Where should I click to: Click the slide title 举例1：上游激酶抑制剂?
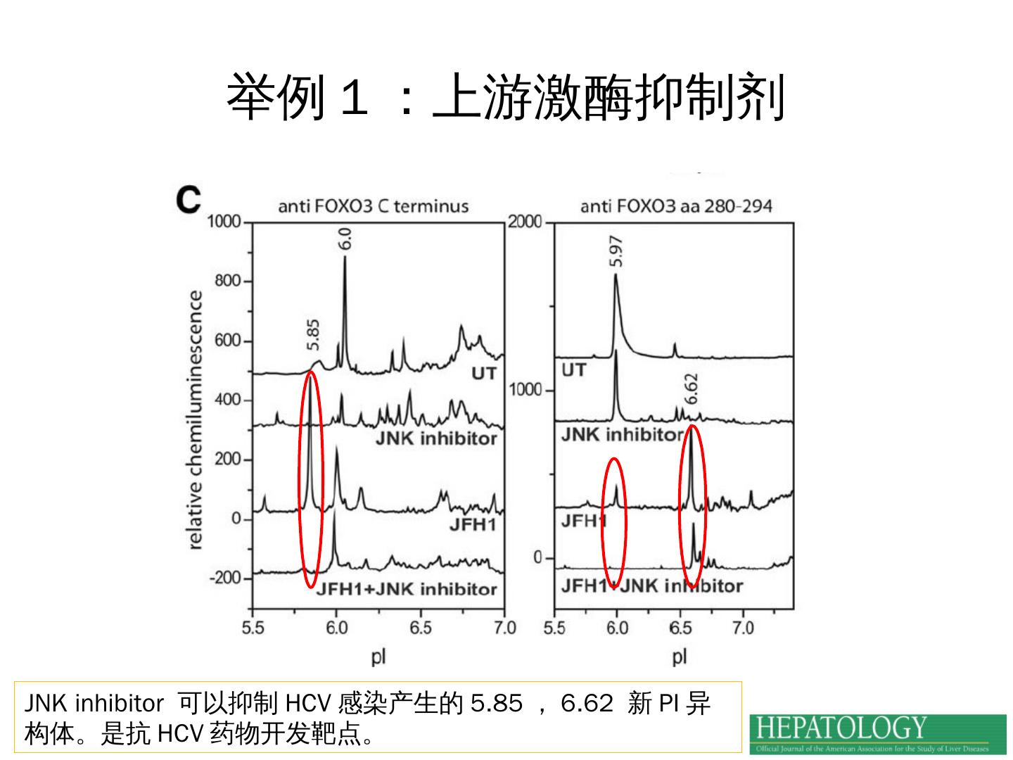(505, 97)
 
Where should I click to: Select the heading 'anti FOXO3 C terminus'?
(373, 206)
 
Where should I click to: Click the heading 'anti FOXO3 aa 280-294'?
(676, 206)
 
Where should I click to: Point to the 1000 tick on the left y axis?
(224, 222)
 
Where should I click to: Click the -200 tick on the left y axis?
(224, 578)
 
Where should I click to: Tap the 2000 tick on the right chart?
(525, 222)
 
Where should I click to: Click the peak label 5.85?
(314, 335)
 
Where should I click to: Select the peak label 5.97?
(616, 251)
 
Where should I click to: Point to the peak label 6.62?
(692, 388)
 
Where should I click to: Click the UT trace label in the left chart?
(483, 373)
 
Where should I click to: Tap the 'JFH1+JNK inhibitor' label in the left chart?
(407, 590)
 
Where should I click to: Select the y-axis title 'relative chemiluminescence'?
(196, 420)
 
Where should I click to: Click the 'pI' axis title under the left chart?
(378, 657)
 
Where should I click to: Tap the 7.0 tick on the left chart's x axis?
(504, 628)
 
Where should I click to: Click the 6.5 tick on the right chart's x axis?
(680, 628)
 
